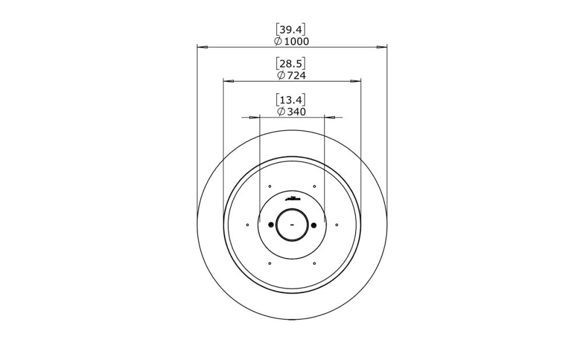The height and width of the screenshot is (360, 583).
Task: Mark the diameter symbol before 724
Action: pos(281,76)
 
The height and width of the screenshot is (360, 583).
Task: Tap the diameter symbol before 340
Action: pos(281,111)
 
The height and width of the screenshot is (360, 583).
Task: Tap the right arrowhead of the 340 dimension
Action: pos(329,117)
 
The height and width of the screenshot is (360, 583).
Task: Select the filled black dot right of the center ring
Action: pos(314,225)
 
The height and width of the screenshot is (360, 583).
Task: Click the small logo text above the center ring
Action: pos(291,199)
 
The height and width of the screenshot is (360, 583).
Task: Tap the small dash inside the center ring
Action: pos(291,225)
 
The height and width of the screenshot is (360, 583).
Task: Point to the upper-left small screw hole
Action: pos(269,186)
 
